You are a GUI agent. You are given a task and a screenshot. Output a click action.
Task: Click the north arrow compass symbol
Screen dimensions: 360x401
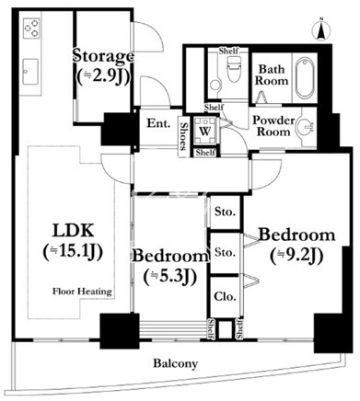pos(320,30)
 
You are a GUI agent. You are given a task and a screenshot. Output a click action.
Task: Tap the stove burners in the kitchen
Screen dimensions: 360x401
pos(31,28)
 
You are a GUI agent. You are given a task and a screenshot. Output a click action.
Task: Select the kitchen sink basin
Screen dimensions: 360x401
pos(30,71)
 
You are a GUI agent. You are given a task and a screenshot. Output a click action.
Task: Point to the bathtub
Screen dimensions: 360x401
pos(305,77)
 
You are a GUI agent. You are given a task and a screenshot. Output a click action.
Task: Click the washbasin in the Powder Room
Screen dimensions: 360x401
pos(307,127)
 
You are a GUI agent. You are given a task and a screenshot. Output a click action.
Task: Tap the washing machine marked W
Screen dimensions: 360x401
pos(205,131)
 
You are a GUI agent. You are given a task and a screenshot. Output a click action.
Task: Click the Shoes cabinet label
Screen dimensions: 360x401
pos(183,136)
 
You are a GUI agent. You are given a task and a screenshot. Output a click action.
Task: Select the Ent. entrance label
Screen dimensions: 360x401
pos(158,123)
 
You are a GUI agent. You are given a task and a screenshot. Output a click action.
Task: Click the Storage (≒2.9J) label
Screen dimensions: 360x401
pos(103,65)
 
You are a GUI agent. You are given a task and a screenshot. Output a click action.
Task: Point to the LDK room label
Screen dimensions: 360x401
pos(74,241)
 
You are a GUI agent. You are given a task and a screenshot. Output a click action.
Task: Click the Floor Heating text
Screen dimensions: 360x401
pos(82,292)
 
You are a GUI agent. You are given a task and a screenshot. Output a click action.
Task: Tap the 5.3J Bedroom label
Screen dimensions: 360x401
pos(170,266)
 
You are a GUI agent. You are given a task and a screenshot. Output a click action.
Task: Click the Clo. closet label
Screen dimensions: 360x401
pos(225,296)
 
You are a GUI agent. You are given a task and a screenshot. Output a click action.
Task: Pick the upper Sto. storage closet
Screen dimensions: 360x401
pos(225,212)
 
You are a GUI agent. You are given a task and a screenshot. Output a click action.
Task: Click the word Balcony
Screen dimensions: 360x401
pos(176,364)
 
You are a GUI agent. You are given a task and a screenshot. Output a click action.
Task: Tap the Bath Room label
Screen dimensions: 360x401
pos(272,75)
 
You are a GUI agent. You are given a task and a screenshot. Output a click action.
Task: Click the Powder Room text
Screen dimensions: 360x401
pos(273,126)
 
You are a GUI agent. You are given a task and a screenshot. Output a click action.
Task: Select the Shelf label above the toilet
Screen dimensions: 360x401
pos(228,51)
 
